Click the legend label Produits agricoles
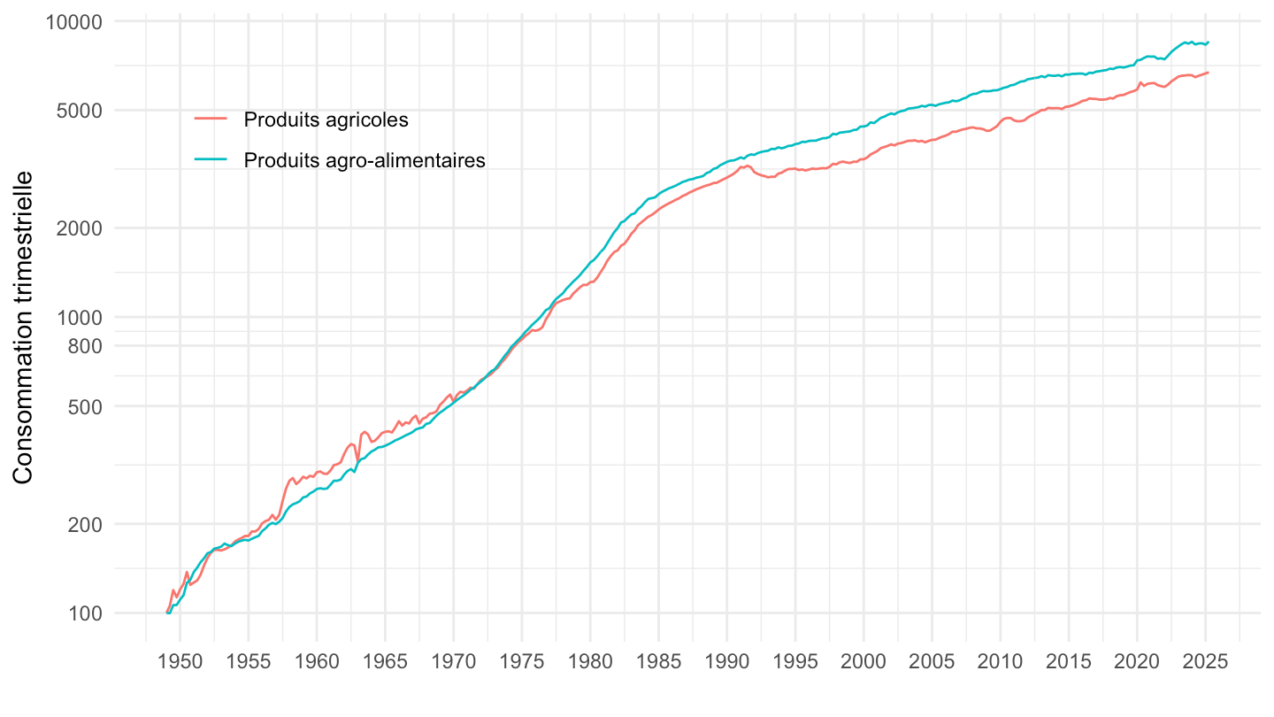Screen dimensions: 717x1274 coord(326,119)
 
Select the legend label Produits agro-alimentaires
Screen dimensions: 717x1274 coord(365,160)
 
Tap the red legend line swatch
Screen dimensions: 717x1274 coord(211,119)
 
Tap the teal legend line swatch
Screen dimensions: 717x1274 coord(211,160)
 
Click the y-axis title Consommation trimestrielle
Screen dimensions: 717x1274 coord(24,328)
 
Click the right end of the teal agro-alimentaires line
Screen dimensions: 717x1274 coord(1209,42)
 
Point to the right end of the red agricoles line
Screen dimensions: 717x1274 coord(1209,73)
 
